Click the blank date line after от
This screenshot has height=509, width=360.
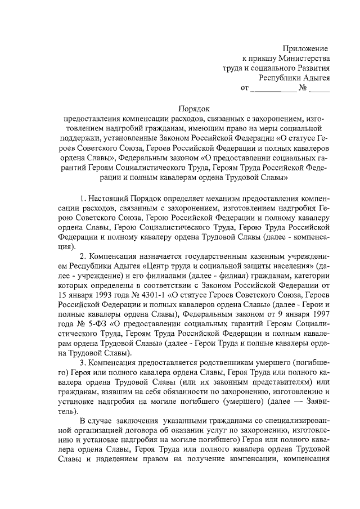coord(273,88)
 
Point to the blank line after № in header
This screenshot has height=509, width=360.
coord(319,88)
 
